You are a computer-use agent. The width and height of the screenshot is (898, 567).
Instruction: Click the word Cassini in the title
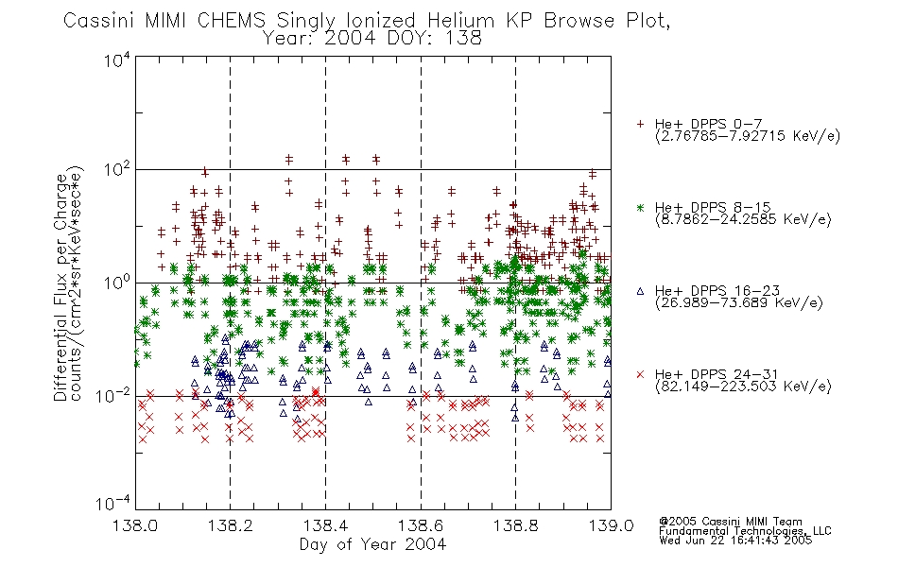point(99,21)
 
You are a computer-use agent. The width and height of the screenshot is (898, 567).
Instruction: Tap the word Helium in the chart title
point(460,21)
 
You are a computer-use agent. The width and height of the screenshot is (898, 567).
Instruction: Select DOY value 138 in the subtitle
point(463,39)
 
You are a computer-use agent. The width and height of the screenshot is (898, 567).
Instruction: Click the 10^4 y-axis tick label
point(117,60)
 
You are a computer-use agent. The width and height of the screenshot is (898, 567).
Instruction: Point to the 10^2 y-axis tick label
point(117,170)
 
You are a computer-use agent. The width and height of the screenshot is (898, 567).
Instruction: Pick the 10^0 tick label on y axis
point(117,283)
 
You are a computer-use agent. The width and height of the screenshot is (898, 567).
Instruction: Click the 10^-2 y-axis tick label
point(113,395)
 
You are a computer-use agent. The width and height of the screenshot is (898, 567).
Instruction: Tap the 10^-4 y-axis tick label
point(113,504)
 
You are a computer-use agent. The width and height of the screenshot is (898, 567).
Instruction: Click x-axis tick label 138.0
point(135,525)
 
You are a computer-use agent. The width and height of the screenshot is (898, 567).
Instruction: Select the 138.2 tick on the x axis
point(230,525)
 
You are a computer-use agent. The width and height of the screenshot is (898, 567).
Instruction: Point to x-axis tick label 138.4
point(325,525)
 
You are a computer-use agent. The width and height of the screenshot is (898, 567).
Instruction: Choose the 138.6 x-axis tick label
point(421,525)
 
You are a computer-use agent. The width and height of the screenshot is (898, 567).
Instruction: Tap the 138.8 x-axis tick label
point(515,525)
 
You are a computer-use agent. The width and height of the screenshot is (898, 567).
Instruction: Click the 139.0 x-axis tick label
point(611,525)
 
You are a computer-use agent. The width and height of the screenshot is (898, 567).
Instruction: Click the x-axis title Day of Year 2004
point(372,544)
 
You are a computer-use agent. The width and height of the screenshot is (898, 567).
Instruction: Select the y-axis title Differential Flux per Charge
point(60,287)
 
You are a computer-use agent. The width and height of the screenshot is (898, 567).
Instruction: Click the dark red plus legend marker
point(640,124)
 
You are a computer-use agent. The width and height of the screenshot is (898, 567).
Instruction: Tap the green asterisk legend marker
point(640,208)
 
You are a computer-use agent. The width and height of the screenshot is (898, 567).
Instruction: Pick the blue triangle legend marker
point(640,291)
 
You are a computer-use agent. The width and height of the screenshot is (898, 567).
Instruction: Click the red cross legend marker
point(640,374)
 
